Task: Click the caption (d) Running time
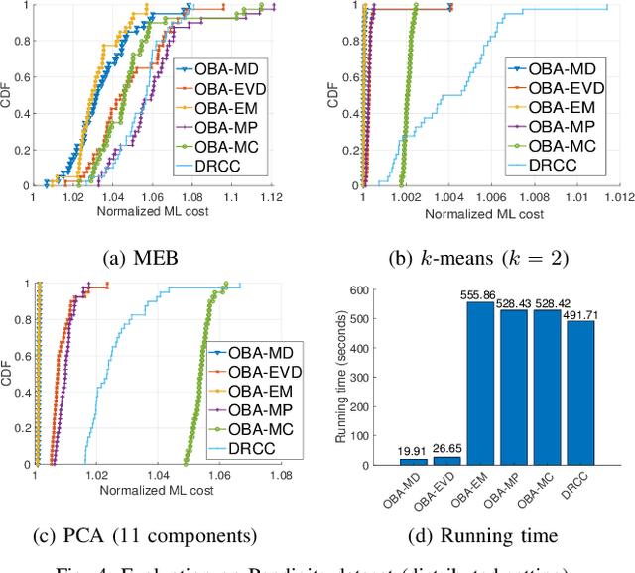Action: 481,536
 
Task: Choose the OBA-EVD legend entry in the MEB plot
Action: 236,88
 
